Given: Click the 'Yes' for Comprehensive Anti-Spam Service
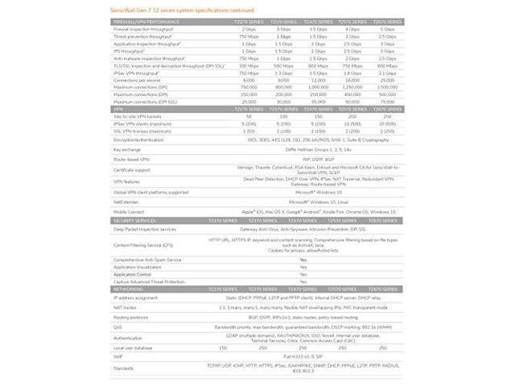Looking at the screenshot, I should pyautogui.click(x=303, y=260).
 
